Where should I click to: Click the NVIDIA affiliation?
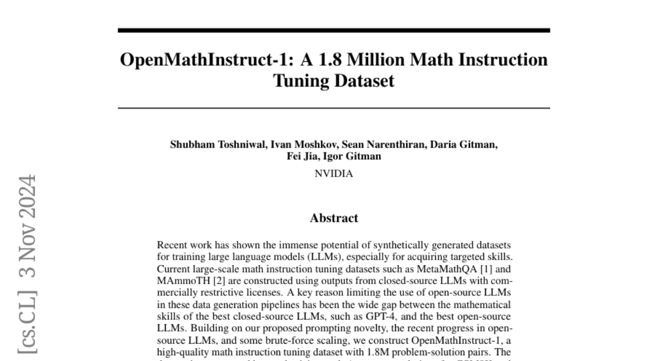333,174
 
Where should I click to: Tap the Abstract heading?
333,218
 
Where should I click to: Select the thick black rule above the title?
333,30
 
